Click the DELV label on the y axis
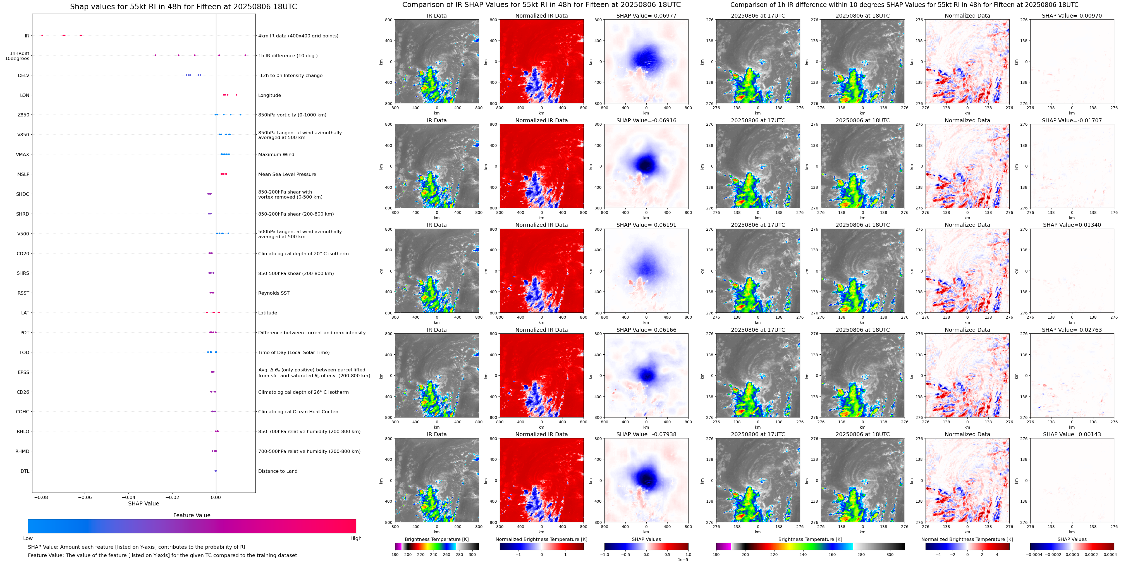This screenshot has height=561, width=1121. pos(23,75)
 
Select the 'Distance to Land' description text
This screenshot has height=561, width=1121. pos(278,471)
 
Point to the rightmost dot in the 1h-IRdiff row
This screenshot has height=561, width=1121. pos(245,55)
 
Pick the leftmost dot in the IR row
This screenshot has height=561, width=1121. pos(42,35)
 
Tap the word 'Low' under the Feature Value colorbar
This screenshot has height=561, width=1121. pos(28,538)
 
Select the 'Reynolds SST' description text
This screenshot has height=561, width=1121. pos(274,293)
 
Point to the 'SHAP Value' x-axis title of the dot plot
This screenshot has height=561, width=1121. pos(144,503)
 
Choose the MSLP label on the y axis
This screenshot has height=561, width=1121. pos(23,174)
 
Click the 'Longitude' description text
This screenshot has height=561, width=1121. pos(269,95)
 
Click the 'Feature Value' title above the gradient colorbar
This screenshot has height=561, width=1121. pos(192,515)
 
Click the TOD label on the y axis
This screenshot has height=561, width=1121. pos(24,352)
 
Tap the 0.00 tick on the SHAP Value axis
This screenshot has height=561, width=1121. pos(216,497)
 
